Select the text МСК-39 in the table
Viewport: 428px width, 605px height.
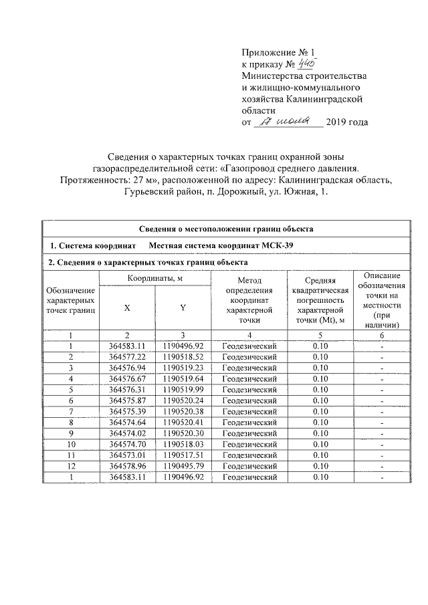point(277,245)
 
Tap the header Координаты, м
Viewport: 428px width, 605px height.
point(154,277)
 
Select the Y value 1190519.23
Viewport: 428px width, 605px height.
point(183,368)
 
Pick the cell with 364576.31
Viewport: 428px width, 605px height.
point(127,390)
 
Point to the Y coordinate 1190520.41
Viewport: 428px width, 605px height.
point(183,422)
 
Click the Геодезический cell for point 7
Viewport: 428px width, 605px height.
point(249,411)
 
